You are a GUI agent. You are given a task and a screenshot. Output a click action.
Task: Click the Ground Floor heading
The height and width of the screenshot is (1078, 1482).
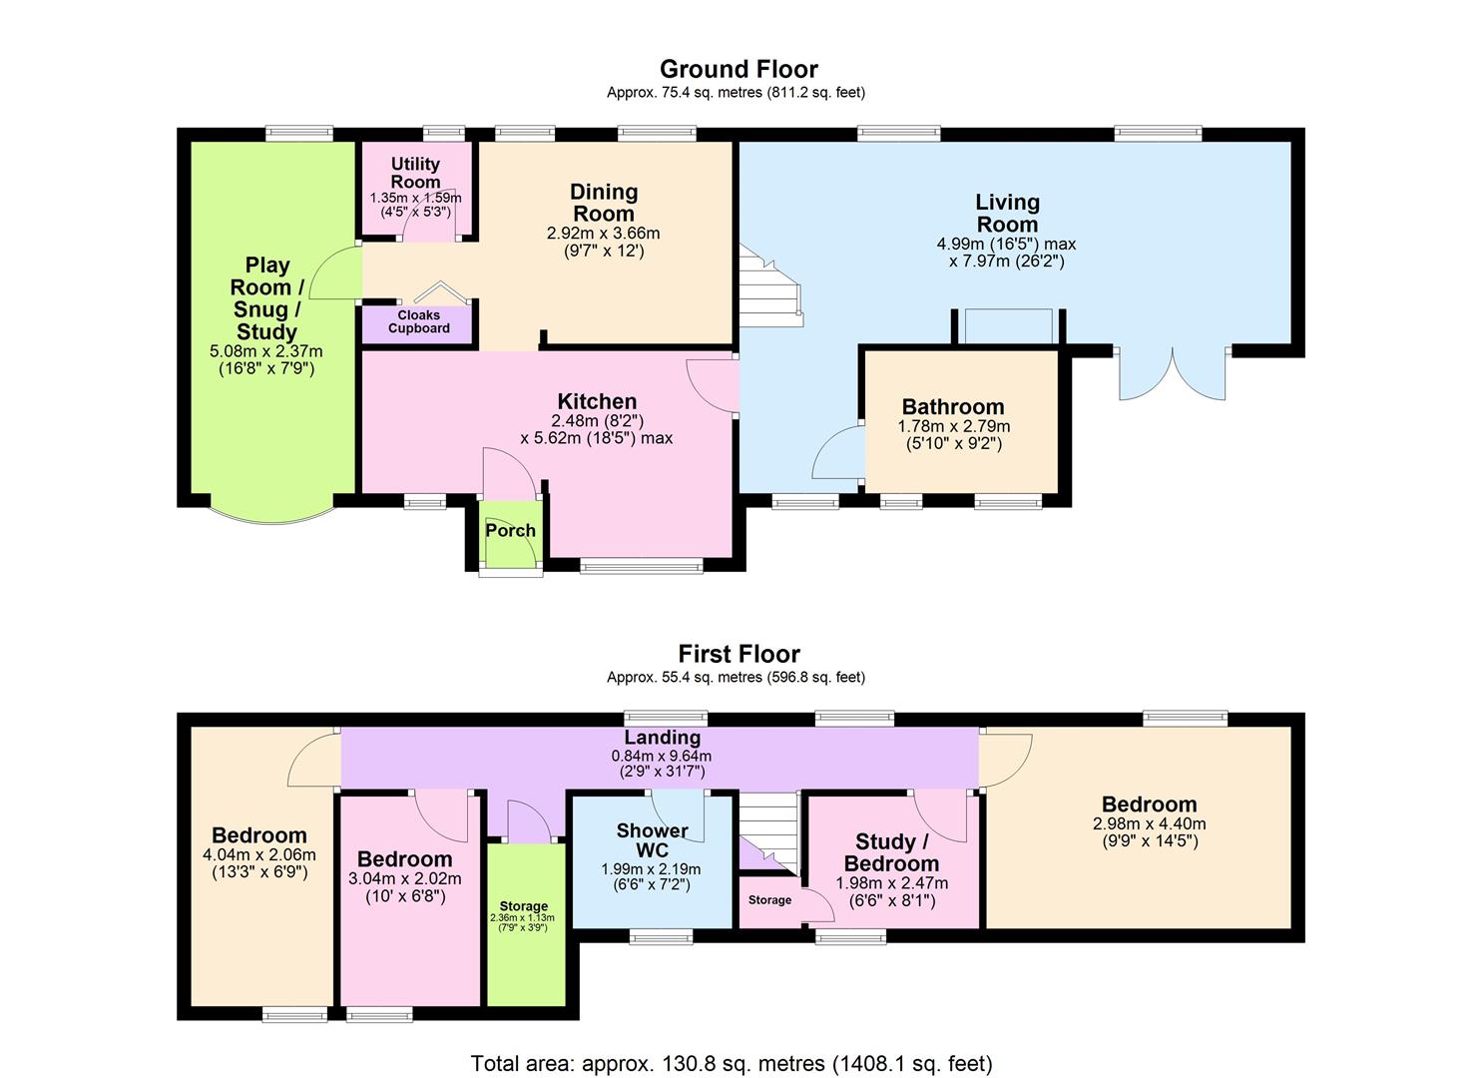click(739, 69)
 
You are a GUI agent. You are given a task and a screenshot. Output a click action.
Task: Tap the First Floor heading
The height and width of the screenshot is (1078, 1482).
click(739, 654)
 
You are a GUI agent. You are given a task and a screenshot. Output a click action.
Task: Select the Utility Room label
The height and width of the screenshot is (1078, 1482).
click(415, 173)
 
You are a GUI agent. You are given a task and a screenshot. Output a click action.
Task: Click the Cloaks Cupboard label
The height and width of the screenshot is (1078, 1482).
click(419, 321)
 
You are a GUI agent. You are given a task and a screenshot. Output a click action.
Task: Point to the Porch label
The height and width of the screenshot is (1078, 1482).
click(510, 530)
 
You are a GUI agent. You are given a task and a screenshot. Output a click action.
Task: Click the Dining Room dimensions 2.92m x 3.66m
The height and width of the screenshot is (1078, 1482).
click(603, 234)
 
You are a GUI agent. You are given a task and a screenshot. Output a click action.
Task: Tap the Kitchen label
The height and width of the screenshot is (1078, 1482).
click(597, 401)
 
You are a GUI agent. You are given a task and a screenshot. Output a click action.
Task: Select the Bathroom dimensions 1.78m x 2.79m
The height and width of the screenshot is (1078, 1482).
click(953, 426)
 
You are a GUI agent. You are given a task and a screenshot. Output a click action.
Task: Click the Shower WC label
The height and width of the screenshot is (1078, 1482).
click(652, 840)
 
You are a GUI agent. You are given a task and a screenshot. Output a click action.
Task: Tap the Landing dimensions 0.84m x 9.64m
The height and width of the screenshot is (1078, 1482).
click(661, 756)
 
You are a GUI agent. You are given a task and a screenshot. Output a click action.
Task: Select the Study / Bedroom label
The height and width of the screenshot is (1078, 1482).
click(891, 852)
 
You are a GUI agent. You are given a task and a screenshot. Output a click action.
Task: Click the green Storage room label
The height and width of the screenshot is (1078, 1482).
click(524, 906)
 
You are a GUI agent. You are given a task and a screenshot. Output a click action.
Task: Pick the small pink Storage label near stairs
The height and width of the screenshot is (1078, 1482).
click(769, 900)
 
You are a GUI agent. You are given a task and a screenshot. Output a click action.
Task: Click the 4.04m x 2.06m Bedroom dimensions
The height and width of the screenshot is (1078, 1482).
click(258, 854)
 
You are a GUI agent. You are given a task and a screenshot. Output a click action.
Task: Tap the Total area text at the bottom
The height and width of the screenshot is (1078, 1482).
click(732, 1063)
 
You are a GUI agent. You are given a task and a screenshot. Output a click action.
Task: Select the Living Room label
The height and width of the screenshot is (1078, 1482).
click(1007, 213)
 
